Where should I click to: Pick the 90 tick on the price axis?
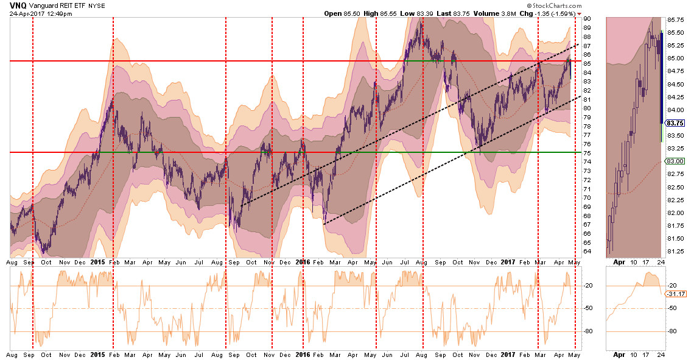pos(588,18)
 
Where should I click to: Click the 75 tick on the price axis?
pos(588,152)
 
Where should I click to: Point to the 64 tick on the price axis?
pos(588,251)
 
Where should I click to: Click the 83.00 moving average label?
pos(673,161)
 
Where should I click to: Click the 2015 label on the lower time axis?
pos(98,354)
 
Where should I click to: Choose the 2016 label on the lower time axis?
pos(303,354)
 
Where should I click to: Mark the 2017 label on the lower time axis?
pos(507,354)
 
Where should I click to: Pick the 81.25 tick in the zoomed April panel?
pos(674,251)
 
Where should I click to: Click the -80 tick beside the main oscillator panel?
pos(588,331)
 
